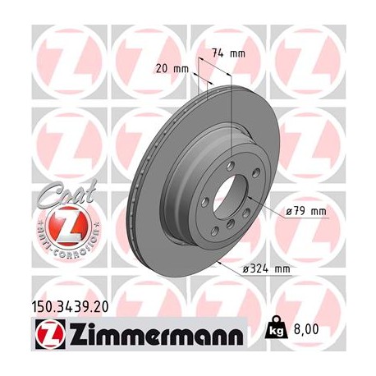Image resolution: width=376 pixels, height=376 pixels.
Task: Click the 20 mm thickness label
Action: (171, 68)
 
